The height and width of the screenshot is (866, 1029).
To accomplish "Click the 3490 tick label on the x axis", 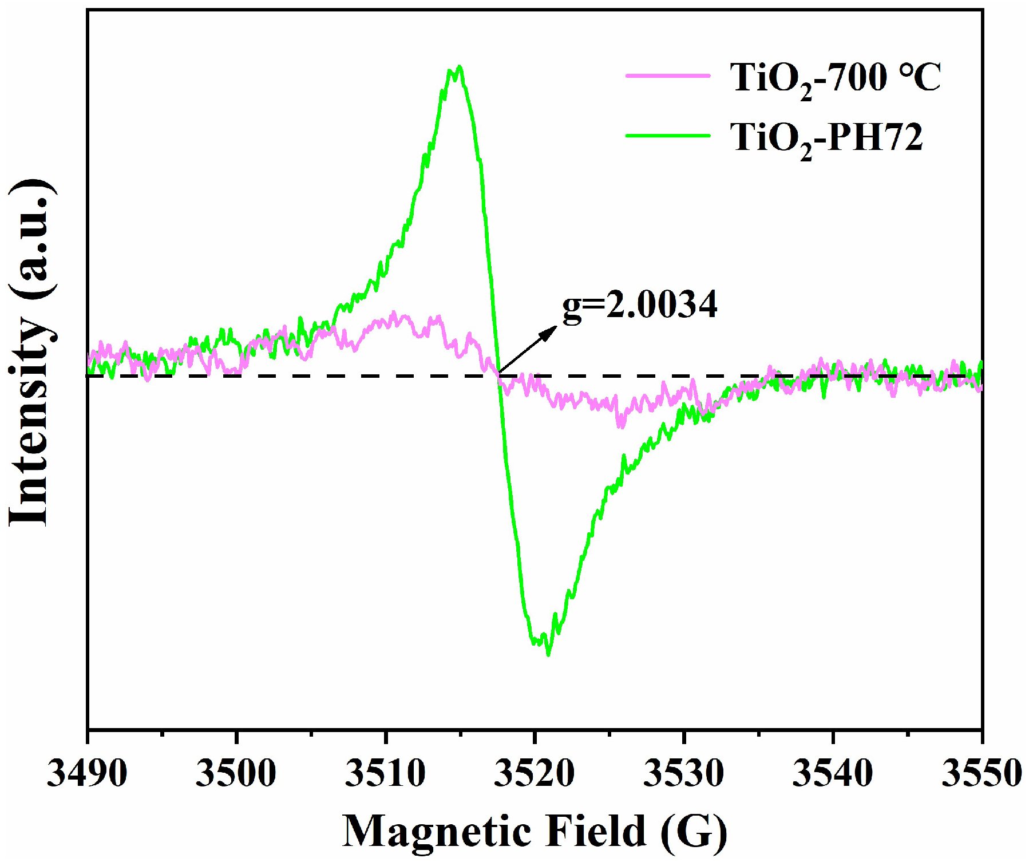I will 87,773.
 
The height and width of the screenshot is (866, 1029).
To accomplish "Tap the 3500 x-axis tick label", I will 236,773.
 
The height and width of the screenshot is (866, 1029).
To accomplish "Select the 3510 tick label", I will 385,773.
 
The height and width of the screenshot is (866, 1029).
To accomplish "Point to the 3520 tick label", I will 534,773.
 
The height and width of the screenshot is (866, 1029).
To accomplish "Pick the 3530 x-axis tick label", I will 683,773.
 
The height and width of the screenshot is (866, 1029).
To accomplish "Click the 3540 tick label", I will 832,773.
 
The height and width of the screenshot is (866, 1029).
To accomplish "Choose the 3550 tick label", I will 981,773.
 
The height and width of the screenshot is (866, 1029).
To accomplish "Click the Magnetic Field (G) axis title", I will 535,831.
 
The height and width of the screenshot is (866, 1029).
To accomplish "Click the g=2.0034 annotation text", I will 639,305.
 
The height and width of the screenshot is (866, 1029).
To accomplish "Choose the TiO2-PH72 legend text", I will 826,138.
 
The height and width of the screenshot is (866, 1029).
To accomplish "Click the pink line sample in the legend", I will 667,76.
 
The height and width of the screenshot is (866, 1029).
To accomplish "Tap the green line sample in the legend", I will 667,136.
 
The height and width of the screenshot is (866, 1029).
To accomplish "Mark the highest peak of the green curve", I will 459,67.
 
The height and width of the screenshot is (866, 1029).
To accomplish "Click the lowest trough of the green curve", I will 548,654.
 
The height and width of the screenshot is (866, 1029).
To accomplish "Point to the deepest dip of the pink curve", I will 620,426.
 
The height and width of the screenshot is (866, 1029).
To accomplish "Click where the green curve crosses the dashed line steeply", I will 499,375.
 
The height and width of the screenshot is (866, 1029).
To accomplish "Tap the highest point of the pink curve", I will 394,313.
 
